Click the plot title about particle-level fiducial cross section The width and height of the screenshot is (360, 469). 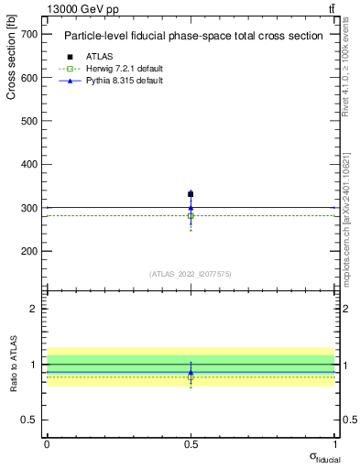pos(192,37)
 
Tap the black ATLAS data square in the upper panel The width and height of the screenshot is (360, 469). pos(191,194)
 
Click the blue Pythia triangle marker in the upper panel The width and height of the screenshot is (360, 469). pos(191,207)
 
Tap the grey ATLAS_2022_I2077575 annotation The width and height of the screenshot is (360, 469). pos(190,274)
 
